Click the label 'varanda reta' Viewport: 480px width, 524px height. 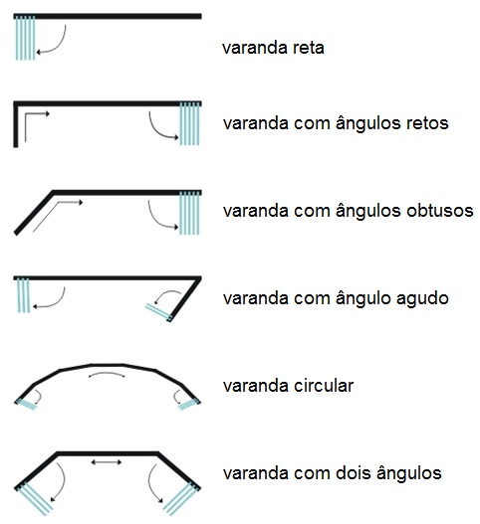coord(273,48)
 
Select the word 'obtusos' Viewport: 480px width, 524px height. coord(440,211)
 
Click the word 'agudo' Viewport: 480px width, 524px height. coord(422,298)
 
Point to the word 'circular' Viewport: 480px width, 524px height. coord(324,386)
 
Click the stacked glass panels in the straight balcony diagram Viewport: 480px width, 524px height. coord(25,38)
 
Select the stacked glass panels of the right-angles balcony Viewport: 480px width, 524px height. coord(189,123)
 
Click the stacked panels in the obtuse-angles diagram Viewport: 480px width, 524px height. coord(189,213)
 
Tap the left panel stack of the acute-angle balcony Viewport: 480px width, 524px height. coord(23,295)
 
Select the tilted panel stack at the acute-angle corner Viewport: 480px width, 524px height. coord(159,312)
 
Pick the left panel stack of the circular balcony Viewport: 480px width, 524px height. coord(26,404)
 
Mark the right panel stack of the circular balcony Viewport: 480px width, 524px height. coord(189,404)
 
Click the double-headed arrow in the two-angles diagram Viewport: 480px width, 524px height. coord(107,462)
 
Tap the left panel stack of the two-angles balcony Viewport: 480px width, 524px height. coord(35,498)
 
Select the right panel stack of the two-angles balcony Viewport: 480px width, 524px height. coord(182,498)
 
